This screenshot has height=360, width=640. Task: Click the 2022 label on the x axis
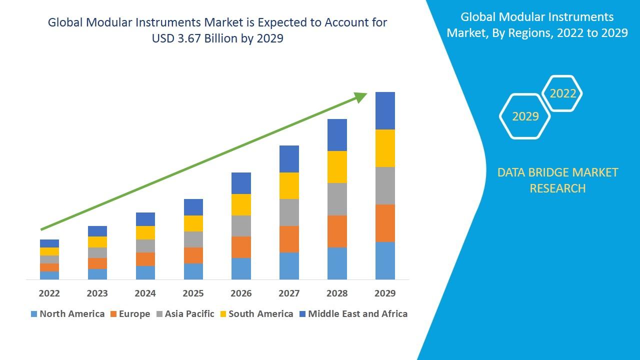point(49,293)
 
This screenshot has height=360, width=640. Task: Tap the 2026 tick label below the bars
point(241,293)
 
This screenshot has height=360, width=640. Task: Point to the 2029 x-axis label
point(385,293)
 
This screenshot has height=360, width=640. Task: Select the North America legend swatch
point(34,314)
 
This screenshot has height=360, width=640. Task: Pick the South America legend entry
point(255,314)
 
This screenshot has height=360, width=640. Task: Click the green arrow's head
point(361,96)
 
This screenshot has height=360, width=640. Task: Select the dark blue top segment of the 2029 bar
point(385,110)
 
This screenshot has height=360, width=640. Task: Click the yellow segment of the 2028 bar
point(337,167)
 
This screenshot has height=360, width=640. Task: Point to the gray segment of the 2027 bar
point(289,212)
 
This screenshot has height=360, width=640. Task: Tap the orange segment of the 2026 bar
point(241,247)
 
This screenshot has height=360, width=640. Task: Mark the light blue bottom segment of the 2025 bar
point(193,271)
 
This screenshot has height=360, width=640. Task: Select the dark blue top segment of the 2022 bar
point(49,243)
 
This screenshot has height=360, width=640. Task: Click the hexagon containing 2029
point(525,116)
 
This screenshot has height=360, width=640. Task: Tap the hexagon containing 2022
point(562,93)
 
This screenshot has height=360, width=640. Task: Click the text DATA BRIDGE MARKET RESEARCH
point(557,180)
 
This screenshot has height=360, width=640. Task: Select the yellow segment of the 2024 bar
point(145,232)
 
